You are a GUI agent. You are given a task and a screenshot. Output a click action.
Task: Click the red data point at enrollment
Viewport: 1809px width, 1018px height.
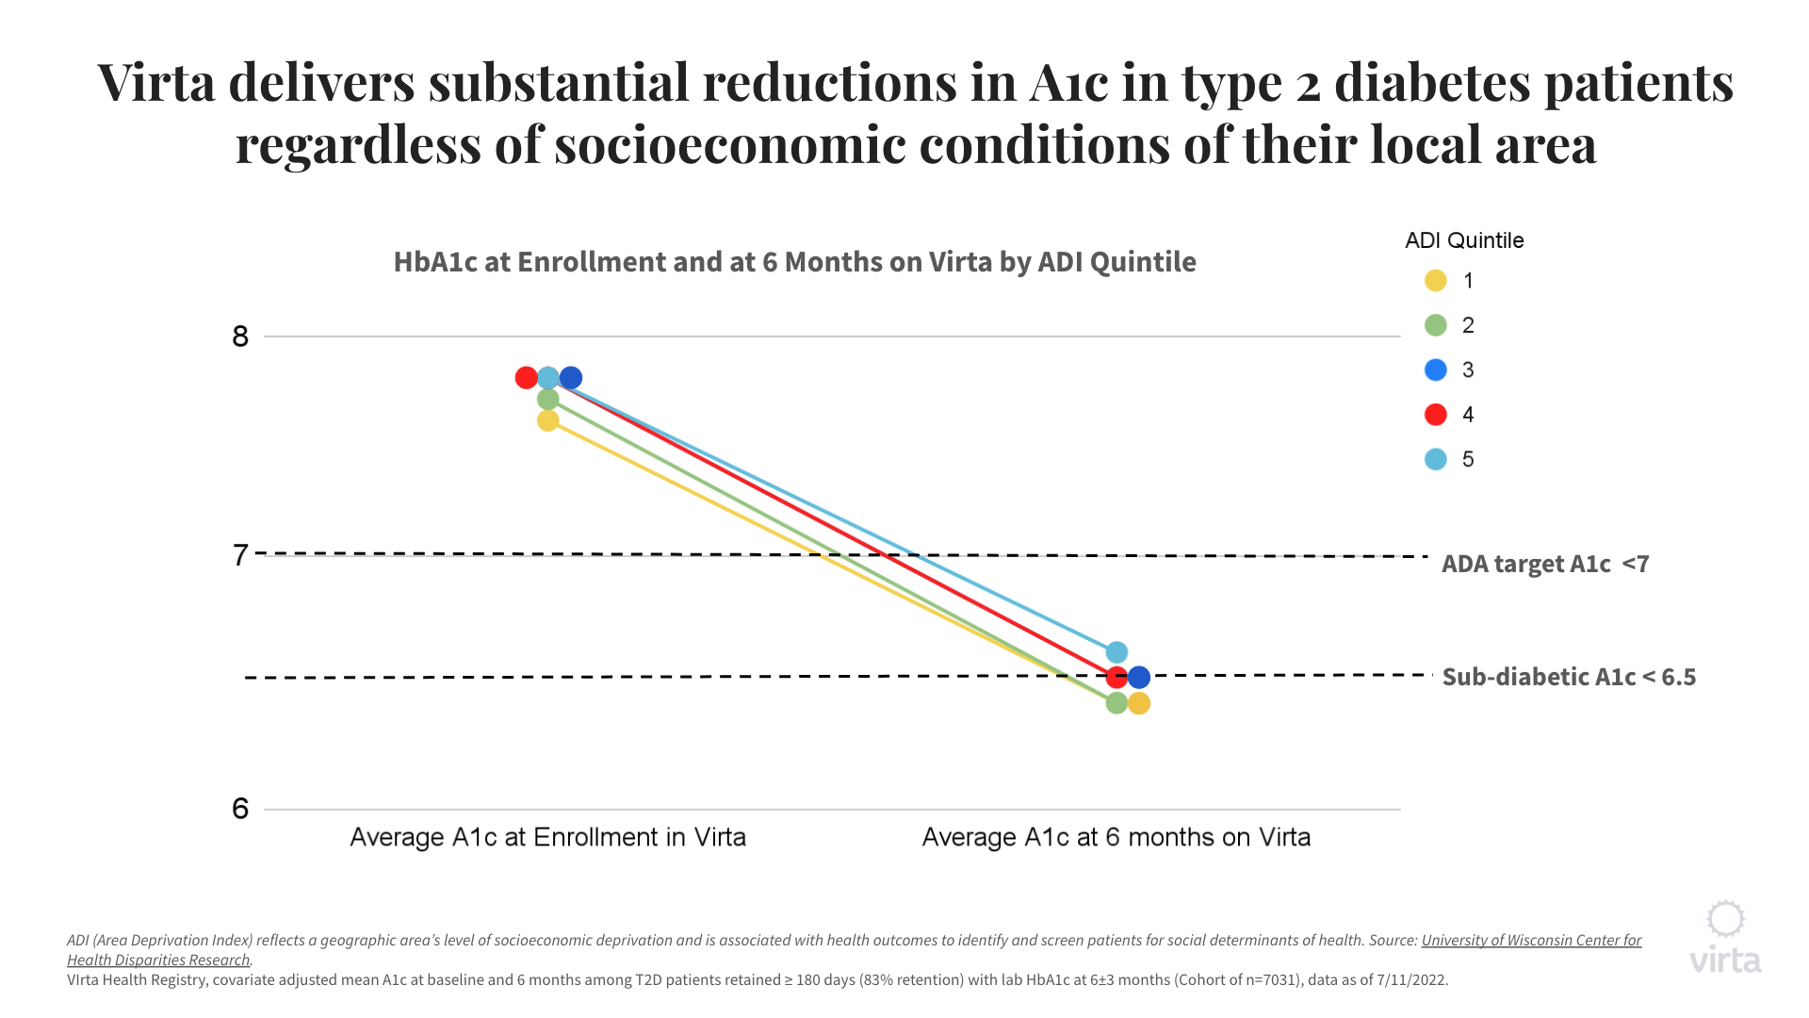[x=527, y=378]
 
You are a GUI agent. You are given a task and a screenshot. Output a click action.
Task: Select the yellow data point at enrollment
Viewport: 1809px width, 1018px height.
[x=548, y=420]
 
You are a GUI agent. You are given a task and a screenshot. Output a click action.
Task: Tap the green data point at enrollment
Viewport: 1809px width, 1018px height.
[x=548, y=400]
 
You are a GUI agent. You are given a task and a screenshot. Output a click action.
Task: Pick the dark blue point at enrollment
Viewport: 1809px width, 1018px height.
[x=571, y=378]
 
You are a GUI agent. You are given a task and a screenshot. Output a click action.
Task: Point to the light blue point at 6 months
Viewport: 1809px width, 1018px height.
[x=1116, y=652]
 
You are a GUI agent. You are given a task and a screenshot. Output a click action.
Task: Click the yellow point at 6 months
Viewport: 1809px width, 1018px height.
[x=1139, y=703]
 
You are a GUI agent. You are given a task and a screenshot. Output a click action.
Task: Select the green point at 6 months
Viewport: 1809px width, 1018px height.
[x=1116, y=703]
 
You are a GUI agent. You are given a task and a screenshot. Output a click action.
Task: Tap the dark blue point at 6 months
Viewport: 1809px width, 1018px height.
[x=1139, y=677]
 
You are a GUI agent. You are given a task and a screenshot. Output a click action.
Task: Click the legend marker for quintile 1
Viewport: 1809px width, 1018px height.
[x=1436, y=281]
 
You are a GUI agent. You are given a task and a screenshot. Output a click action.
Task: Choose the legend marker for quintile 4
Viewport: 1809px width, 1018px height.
[x=1436, y=415]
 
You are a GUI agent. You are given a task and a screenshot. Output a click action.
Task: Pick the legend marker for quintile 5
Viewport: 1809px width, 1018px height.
[x=1436, y=459]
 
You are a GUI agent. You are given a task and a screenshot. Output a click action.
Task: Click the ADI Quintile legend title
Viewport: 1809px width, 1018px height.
[x=1464, y=240]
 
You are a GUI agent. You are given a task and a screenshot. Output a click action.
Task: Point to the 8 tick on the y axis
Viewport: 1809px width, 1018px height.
[x=240, y=337]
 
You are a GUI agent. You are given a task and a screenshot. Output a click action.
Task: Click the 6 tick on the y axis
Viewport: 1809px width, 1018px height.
[x=240, y=809]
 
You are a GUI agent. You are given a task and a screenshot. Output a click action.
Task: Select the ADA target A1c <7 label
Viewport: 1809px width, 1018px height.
[x=1545, y=564]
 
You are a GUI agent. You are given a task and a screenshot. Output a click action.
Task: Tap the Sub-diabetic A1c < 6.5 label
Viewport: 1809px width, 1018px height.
[x=1569, y=677]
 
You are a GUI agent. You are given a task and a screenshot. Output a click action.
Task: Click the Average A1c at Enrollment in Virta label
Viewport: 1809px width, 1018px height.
[x=547, y=837]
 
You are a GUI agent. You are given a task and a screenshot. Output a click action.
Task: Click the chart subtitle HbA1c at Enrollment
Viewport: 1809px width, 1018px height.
[x=794, y=262]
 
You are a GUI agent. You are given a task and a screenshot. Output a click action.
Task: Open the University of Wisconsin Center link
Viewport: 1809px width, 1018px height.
[x=1531, y=941]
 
